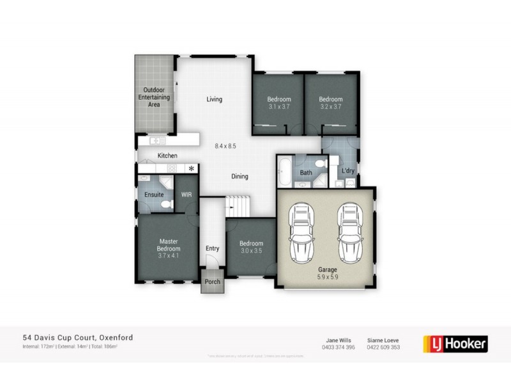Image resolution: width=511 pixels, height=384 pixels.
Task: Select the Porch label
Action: pyautogui.click(x=211, y=282)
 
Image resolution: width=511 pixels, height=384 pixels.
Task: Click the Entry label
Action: pyautogui.click(x=212, y=248)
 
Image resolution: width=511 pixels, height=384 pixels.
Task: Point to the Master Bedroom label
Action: pyautogui.click(x=169, y=244)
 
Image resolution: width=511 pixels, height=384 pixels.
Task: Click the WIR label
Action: pyautogui.click(x=187, y=194)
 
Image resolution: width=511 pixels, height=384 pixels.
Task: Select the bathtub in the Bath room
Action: pyautogui.click(x=284, y=173)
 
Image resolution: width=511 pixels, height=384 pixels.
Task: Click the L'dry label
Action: pyautogui.click(x=348, y=171)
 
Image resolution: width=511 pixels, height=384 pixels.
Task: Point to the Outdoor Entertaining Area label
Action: pyautogui.click(x=153, y=97)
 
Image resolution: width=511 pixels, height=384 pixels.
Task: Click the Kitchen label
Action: pyautogui.click(x=167, y=156)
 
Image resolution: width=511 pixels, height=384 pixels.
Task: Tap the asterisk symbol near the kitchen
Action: pyautogui.click(x=191, y=168)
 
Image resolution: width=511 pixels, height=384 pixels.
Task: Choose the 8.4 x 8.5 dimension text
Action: pyautogui.click(x=225, y=146)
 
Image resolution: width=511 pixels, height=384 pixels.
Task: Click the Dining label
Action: pyautogui.click(x=240, y=177)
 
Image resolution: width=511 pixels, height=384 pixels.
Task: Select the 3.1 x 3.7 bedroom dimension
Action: pyautogui.click(x=278, y=107)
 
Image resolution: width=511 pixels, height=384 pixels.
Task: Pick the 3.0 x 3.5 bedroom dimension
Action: pyautogui.click(x=251, y=251)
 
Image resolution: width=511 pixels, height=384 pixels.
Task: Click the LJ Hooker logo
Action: pyautogui.click(x=455, y=343)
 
